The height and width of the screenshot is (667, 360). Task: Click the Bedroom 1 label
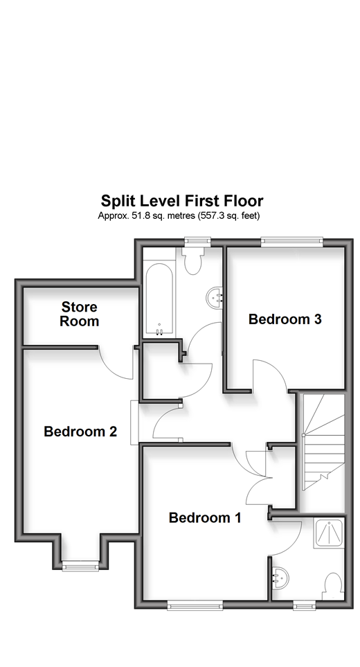click(205, 517)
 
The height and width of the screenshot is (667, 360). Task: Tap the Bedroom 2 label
click(80, 432)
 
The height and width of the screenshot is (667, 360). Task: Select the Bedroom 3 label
click(285, 319)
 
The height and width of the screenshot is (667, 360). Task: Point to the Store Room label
click(80, 314)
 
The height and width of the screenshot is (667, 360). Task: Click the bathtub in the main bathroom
click(159, 299)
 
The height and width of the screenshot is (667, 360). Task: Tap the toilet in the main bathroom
click(192, 260)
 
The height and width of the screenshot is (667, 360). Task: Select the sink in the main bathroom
click(214, 297)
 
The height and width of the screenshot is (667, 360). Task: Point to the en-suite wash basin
click(280, 579)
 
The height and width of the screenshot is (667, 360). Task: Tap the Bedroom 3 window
click(291, 242)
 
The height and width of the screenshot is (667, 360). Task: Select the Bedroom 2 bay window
click(80, 565)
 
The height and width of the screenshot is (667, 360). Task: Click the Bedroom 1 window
click(195, 605)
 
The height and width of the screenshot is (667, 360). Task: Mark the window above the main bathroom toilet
click(197, 242)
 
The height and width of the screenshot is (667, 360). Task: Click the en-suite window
click(305, 605)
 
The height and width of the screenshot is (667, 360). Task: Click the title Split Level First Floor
click(182, 200)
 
